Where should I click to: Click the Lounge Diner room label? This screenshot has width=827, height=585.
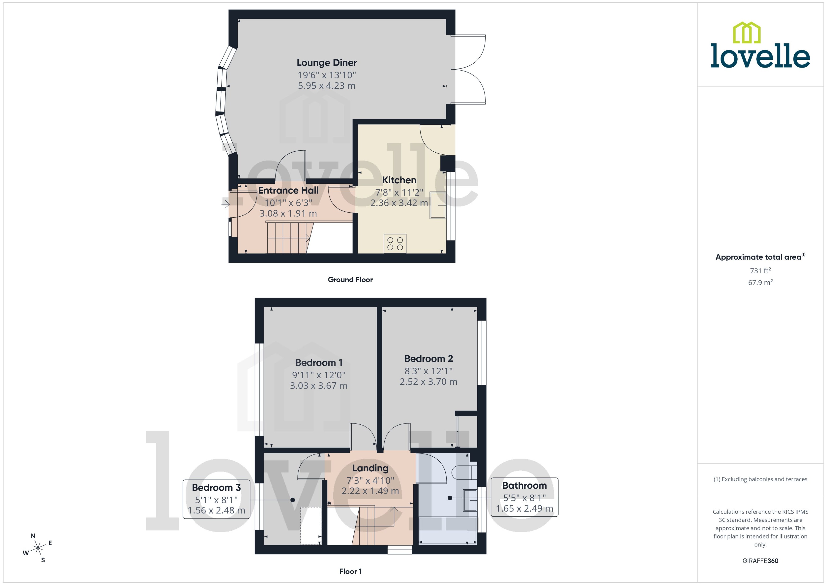[x=327, y=63]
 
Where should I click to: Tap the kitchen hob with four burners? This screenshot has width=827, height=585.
[x=395, y=243]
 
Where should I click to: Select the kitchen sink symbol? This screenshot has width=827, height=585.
[x=437, y=205]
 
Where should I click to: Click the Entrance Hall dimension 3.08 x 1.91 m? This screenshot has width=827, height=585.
[x=288, y=213]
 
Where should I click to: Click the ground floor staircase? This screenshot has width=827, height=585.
[x=288, y=238]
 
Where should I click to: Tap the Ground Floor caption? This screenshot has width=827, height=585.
[x=350, y=280]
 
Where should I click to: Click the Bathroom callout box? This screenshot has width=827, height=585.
[x=524, y=497]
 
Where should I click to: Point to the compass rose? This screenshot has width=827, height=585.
[x=38, y=548]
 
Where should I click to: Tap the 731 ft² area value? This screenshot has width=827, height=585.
[x=760, y=270]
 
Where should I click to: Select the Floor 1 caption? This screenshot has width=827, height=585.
[x=350, y=571]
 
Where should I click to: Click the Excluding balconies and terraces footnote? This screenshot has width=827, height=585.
[x=760, y=479]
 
